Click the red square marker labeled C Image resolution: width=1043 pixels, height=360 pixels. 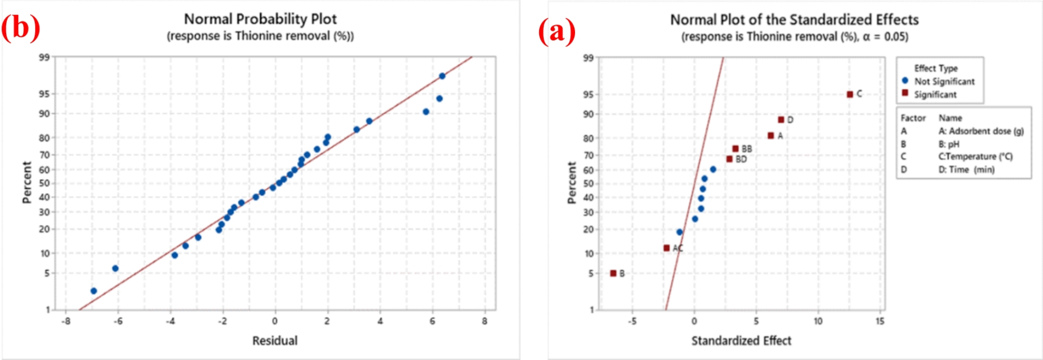point(850,95)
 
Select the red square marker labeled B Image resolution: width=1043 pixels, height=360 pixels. point(613,273)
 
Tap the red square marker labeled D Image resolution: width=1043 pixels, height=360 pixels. point(781,120)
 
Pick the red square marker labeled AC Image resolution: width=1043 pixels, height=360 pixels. point(666,248)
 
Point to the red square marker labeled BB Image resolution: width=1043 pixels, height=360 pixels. point(736,149)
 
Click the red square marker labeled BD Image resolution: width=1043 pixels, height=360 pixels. point(729,159)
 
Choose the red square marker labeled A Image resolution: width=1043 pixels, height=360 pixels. point(771,136)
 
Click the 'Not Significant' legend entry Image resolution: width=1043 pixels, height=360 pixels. point(944,82)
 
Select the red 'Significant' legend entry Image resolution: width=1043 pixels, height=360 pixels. point(935,95)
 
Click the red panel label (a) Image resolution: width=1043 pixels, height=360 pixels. point(557,31)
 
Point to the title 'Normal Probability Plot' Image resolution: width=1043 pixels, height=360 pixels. point(260,19)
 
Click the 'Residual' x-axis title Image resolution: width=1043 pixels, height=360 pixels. point(275,341)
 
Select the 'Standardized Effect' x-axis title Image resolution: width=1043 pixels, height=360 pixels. point(741,341)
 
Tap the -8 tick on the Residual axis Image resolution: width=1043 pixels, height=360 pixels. point(66,321)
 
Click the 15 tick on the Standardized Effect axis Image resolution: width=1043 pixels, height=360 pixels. point(880,321)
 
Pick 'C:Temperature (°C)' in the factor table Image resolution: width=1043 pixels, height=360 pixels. point(975,156)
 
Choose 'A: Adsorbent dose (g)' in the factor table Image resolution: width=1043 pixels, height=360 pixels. point(981,131)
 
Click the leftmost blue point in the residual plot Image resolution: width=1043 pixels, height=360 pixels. point(93,291)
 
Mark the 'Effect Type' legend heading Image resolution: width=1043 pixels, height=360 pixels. point(935,68)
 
